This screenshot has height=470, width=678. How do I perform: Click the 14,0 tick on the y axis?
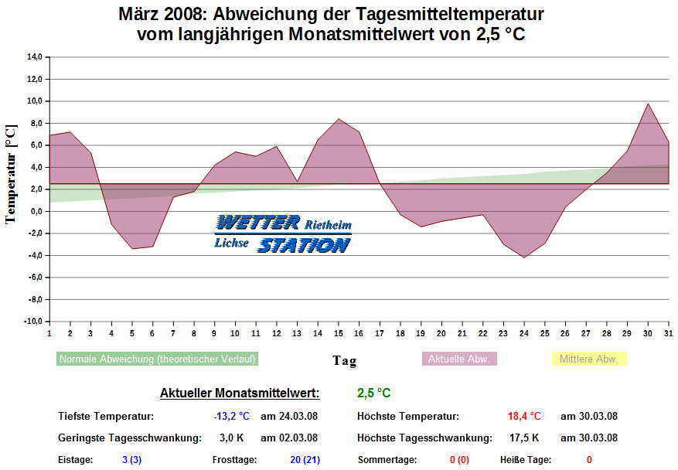[x=34, y=57]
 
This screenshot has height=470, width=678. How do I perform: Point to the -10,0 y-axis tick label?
[x=32, y=322]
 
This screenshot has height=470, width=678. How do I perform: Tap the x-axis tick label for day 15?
[x=338, y=333]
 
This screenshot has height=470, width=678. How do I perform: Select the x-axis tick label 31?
[x=668, y=333]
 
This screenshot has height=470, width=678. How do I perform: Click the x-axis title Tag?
[x=345, y=360]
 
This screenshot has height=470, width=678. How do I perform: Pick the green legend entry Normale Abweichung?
[x=157, y=359]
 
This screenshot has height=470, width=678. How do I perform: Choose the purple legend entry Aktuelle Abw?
[x=459, y=359]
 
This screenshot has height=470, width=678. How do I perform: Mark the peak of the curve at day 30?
[x=648, y=104]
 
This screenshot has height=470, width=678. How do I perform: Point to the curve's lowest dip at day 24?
[x=524, y=257]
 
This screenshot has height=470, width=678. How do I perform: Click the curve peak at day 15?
[x=338, y=119]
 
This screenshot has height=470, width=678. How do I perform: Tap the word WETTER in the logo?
[x=257, y=223]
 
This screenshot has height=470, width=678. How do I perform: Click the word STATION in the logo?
[x=303, y=245]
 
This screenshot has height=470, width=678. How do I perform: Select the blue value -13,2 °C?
[x=232, y=416]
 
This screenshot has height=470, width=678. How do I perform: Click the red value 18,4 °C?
[x=524, y=416]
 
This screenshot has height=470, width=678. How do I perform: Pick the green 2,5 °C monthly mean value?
[x=373, y=393]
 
